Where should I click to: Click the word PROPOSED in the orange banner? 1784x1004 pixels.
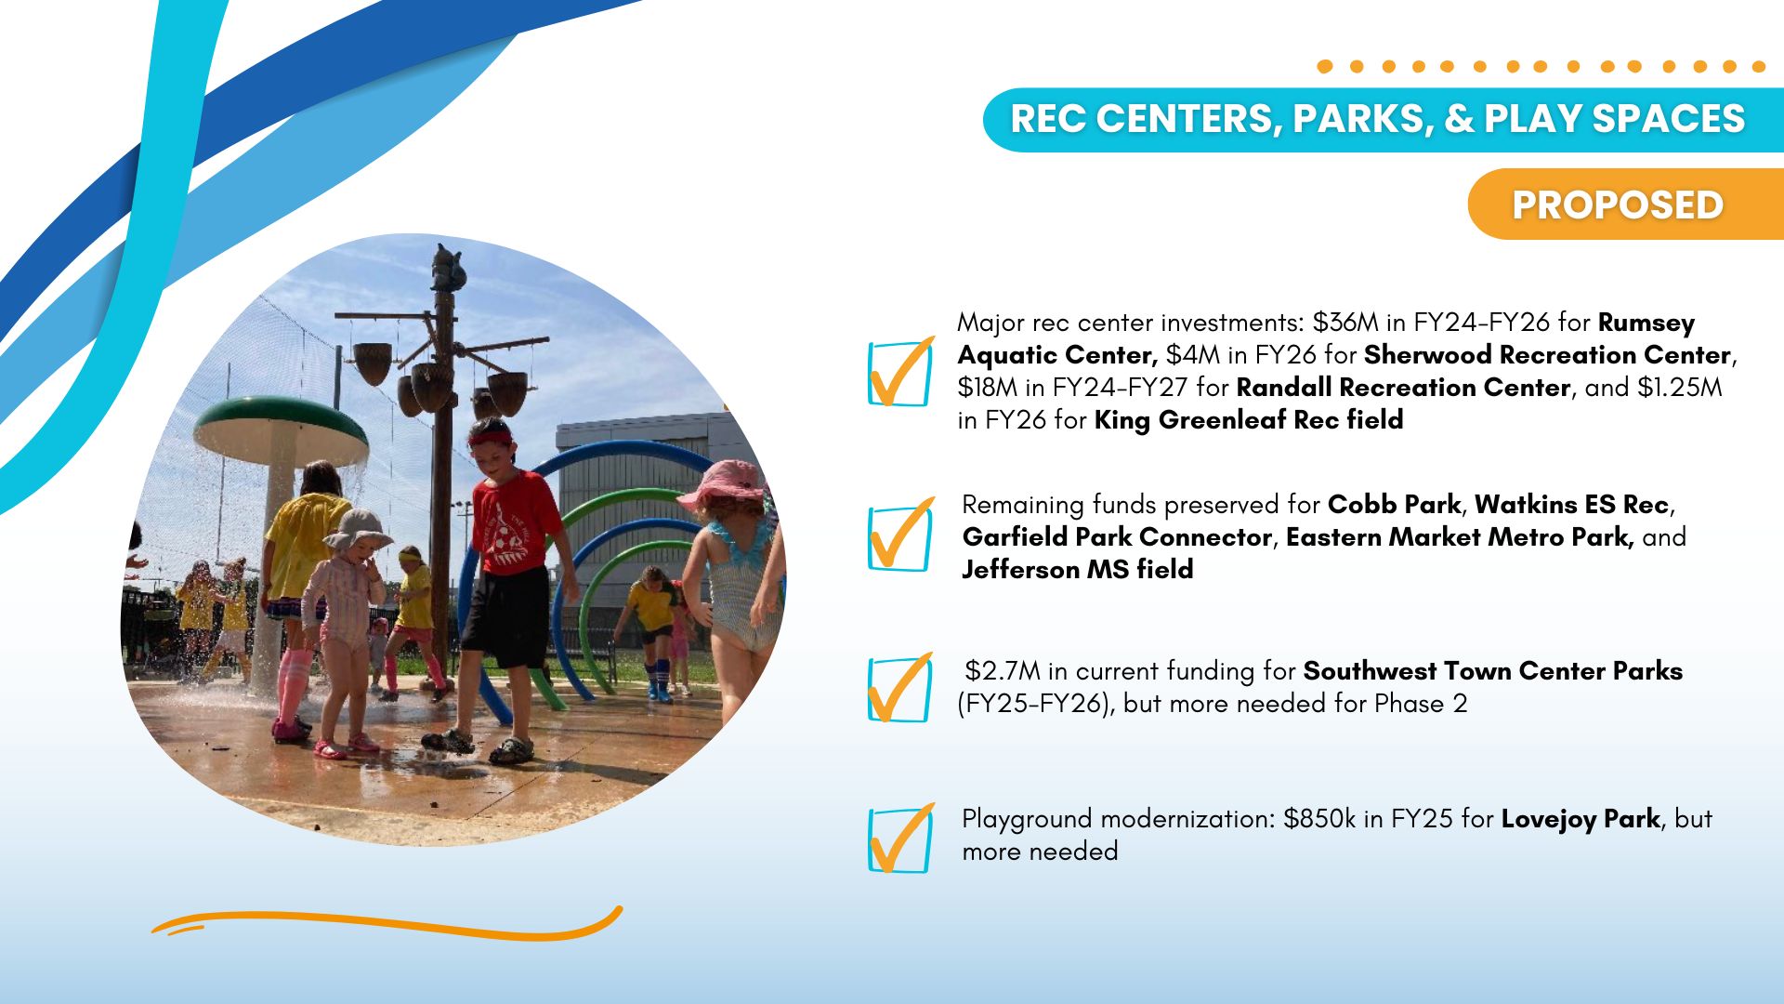click(1617, 205)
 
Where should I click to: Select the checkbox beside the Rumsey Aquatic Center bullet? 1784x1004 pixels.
click(899, 373)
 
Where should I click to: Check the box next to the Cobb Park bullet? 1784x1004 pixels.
click(899, 536)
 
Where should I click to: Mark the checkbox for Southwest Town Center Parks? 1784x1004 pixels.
click(899, 689)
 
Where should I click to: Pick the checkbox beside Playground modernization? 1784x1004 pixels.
click(899, 839)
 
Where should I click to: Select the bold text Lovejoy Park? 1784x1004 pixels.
click(1580, 820)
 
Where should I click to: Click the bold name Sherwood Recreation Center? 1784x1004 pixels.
click(1547, 355)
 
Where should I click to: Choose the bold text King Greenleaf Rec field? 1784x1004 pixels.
click(1249, 420)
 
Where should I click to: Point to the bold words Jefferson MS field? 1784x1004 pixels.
click(1078, 569)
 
